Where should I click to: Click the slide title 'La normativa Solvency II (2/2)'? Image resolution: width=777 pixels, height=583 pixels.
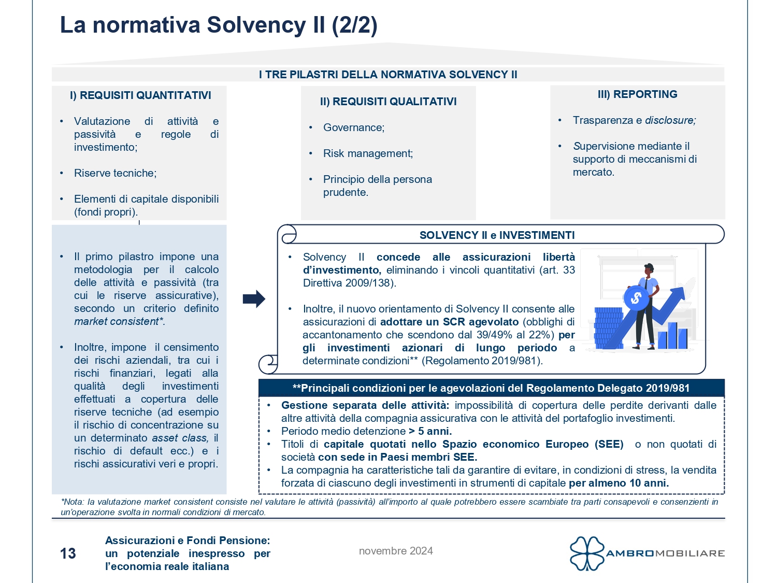(x=219, y=25)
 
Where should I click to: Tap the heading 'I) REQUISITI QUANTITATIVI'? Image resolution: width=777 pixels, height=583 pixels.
(x=140, y=95)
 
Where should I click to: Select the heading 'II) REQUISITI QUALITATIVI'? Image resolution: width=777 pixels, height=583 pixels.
(x=388, y=102)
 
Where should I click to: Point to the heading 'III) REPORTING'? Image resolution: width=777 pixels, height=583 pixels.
(x=637, y=94)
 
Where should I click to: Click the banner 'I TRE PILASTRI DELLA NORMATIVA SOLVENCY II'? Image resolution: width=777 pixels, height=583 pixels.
(x=388, y=75)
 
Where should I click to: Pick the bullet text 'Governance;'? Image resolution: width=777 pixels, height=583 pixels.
(x=354, y=127)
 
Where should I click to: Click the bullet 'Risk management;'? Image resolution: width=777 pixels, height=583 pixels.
(x=368, y=153)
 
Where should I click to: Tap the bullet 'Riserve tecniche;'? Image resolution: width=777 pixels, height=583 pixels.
(x=115, y=173)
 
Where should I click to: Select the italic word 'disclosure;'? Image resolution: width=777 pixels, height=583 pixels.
(x=670, y=120)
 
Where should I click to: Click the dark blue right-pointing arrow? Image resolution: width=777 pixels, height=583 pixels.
(x=254, y=298)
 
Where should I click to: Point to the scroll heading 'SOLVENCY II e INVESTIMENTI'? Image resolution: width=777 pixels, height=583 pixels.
(x=497, y=235)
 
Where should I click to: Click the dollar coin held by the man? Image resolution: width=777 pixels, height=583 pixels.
(x=636, y=298)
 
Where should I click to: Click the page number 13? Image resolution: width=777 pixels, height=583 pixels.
(x=68, y=553)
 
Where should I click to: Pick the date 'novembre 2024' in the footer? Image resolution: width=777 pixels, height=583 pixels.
(x=396, y=551)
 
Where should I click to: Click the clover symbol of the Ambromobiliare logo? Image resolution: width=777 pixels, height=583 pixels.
(x=587, y=553)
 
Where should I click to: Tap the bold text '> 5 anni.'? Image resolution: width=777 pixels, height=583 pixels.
(x=430, y=431)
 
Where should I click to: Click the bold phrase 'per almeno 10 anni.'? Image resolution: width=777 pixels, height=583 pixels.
(x=618, y=483)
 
